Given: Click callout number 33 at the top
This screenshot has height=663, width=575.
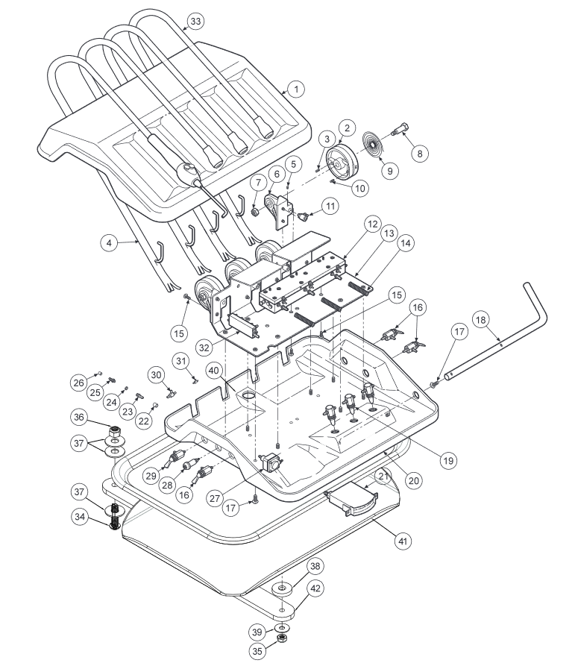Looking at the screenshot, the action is [195, 21].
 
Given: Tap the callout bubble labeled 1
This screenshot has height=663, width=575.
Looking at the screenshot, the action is [296, 89].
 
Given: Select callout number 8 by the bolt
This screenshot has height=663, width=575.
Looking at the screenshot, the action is [419, 154].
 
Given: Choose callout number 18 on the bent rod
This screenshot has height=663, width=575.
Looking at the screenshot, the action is [481, 320].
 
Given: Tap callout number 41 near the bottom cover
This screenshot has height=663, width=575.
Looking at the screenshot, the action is [403, 541].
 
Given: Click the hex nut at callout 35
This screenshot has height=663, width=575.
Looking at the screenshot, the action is [281, 637].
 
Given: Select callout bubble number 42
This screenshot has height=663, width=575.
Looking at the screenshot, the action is [315, 588].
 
